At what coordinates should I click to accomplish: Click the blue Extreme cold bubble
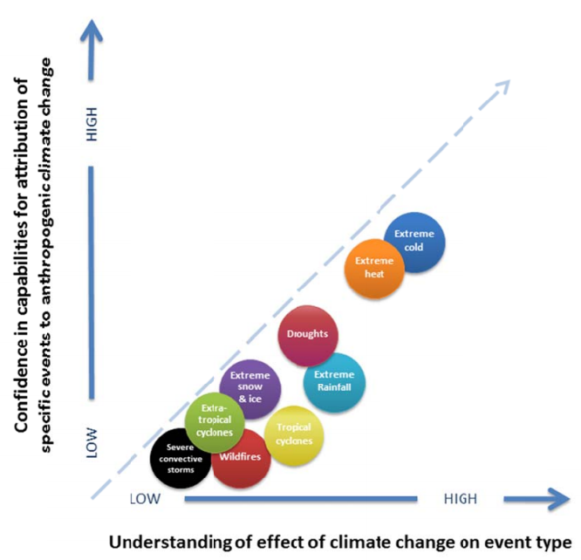point(414,242)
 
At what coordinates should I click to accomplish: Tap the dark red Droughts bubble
point(307,335)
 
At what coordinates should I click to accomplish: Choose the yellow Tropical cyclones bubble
point(294,434)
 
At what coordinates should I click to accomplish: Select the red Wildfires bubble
point(241,457)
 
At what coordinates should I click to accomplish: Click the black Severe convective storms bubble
point(180,457)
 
